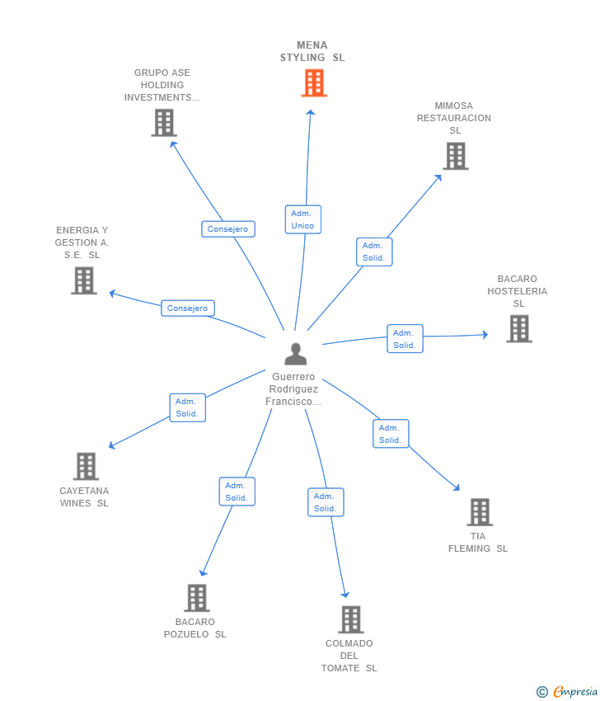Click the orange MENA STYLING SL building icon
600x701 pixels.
click(314, 83)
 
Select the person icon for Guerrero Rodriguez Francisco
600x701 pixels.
click(295, 354)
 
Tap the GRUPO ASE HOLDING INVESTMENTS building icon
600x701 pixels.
click(164, 123)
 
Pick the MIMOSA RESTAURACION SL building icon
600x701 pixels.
click(455, 156)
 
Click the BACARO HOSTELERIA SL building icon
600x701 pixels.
click(518, 328)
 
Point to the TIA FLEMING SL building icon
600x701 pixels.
click(480, 512)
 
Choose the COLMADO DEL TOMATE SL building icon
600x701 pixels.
click(350, 619)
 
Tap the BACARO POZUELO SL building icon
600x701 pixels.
click(196, 598)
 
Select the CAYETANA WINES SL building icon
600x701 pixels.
click(86, 466)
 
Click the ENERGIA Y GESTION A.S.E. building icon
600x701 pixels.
click(83, 280)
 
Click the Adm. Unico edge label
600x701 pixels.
click(302, 219)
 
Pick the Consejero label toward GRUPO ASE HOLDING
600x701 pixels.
click(227, 229)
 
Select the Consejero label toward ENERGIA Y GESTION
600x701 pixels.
click(187, 308)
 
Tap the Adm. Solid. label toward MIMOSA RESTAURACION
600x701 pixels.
click(373, 252)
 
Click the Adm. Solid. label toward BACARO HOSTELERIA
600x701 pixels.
click(405, 339)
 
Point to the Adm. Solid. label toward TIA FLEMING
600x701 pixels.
click(390, 434)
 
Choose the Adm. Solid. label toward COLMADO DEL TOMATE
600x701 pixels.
click(326, 502)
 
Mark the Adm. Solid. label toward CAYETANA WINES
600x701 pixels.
click(187, 407)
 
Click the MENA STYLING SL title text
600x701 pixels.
click(312, 52)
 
